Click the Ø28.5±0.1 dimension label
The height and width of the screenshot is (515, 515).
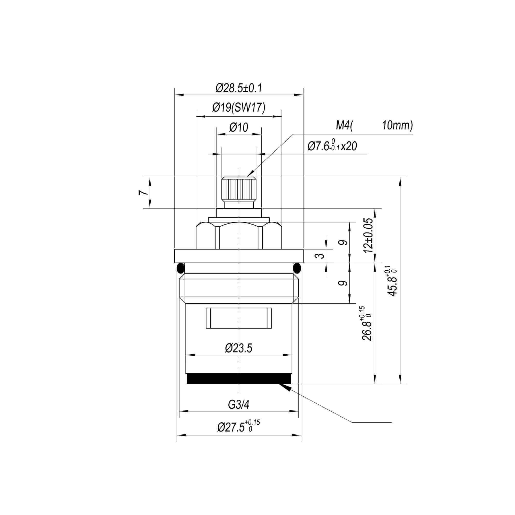(x=239, y=88)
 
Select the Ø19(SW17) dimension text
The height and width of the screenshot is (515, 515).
(x=239, y=108)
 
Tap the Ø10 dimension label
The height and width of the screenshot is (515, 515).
(x=239, y=127)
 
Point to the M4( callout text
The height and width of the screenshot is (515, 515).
(x=344, y=125)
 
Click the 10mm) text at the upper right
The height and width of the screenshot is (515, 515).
(x=397, y=125)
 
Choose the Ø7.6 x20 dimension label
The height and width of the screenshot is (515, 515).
(x=332, y=146)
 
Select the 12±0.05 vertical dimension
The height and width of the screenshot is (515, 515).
(x=370, y=235)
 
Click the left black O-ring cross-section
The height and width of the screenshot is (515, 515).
(x=181, y=268)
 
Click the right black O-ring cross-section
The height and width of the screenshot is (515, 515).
(x=297, y=268)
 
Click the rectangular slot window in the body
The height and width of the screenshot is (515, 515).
(x=239, y=318)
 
